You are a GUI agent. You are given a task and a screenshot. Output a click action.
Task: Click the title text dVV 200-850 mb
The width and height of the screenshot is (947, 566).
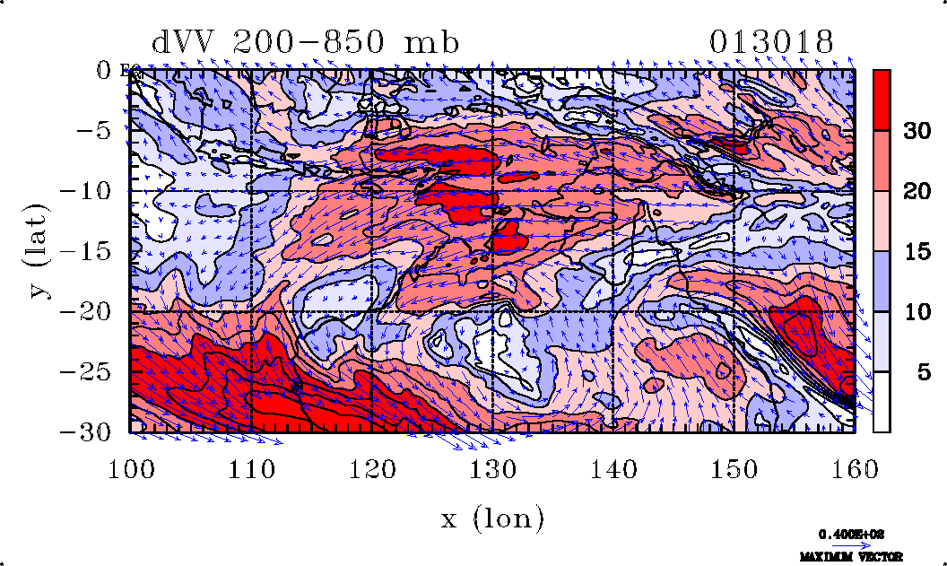305,42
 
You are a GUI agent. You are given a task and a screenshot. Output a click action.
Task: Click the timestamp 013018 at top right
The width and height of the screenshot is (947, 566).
771,42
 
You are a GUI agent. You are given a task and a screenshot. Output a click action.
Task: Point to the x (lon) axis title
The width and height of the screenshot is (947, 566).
492,518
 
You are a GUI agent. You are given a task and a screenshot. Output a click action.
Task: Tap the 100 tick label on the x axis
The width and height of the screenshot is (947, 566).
130,467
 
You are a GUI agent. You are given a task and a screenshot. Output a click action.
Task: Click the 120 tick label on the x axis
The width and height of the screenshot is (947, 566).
371,467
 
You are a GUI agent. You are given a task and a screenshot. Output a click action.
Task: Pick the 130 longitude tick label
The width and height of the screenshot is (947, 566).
492,467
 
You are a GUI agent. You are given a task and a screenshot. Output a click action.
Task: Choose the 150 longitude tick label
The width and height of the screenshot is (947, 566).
734,467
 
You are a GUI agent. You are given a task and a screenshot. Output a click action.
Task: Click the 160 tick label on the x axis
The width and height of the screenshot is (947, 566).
854,467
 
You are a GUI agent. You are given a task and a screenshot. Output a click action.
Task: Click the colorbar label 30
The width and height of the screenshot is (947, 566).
915,131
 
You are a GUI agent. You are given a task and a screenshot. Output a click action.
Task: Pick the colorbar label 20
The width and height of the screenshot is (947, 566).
915,191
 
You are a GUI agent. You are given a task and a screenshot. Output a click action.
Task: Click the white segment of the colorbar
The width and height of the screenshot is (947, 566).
882,402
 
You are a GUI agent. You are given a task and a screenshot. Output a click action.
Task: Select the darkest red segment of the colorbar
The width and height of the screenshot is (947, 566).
882,100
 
